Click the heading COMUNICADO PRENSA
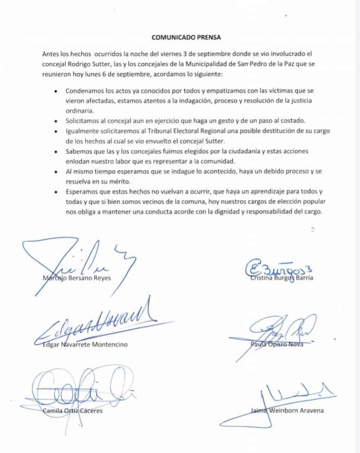[179, 37]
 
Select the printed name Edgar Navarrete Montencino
[84, 344]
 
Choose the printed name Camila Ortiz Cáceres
[72, 411]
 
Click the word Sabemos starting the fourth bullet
[81, 150]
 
